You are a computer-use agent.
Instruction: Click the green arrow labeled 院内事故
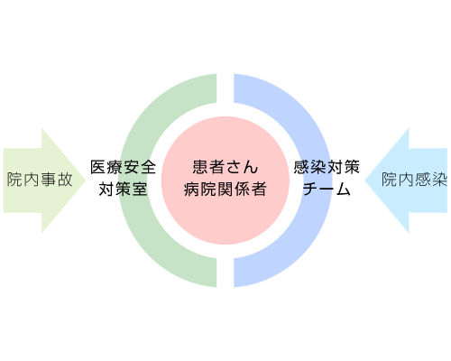(x=44, y=180)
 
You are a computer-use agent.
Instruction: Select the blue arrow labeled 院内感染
(x=406, y=180)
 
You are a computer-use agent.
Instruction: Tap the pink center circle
(x=225, y=180)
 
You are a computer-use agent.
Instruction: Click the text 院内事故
(x=40, y=180)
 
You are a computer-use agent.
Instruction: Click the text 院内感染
(x=414, y=180)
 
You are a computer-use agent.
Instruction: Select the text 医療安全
(x=124, y=167)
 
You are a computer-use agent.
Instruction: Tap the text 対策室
(x=124, y=190)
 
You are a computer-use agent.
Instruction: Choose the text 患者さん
(x=225, y=167)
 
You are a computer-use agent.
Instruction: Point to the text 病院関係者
(x=225, y=190)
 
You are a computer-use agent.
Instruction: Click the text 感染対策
(x=327, y=167)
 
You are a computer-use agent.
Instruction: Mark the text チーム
(x=327, y=190)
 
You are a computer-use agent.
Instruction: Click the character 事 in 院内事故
(x=48, y=180)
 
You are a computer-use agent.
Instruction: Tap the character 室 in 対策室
(x=140, y=190)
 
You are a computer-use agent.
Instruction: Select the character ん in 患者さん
(x=251, y=167)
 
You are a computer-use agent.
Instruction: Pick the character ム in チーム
(x=343, y=190)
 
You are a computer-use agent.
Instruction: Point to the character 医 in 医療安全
(x=98, y=167)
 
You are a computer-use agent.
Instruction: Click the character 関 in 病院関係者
(x=225, y=190)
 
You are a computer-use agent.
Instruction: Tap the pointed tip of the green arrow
(x=86, y=180)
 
